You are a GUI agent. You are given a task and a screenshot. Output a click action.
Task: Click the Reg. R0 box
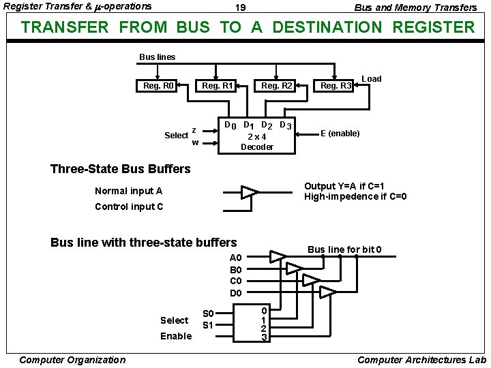158,86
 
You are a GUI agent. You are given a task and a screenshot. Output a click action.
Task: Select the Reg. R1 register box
218,86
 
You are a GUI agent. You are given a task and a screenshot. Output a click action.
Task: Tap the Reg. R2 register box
276,86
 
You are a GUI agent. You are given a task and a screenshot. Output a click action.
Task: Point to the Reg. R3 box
336,86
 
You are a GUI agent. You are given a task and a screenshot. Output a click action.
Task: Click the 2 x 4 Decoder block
258,136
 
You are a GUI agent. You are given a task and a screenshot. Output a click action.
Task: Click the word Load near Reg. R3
371,78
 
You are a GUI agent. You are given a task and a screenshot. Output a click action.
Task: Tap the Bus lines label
157,57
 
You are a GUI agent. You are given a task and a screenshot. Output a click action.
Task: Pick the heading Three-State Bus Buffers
121,168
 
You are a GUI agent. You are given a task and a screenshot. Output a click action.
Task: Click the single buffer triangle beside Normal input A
250,192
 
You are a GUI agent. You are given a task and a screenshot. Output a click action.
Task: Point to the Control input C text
129,206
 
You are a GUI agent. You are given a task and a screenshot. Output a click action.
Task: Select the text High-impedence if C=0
355,197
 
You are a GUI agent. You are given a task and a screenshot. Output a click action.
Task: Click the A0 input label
236,258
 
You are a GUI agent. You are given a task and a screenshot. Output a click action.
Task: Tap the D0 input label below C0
236,293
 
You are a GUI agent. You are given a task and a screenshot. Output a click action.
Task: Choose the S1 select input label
209,325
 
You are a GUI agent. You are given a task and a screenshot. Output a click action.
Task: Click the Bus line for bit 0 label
344,249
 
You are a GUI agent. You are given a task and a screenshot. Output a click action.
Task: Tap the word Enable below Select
176,336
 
